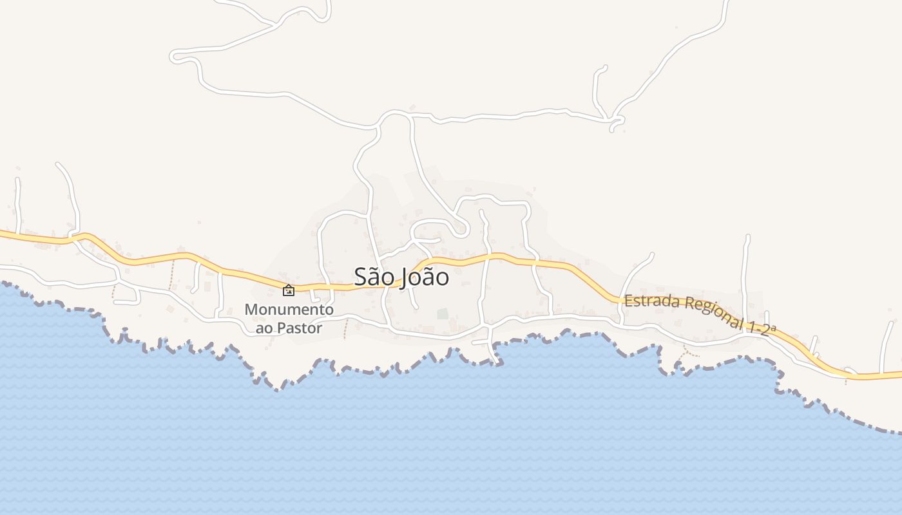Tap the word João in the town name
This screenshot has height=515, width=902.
tap(425, 277)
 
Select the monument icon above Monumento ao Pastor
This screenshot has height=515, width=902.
tap(289, 290)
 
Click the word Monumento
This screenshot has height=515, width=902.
tap(289, 310)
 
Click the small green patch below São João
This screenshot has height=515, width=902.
tap(443, 314)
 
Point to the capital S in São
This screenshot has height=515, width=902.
tap(360, 277)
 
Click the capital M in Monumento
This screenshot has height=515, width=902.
tap(250, 310)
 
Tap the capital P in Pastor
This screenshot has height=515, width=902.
tap(280, 328)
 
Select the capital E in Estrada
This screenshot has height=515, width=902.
tap(628, 299)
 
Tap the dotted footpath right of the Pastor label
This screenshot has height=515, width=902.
tap(345, 329)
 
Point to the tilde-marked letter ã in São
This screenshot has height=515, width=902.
tap(374, 277)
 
